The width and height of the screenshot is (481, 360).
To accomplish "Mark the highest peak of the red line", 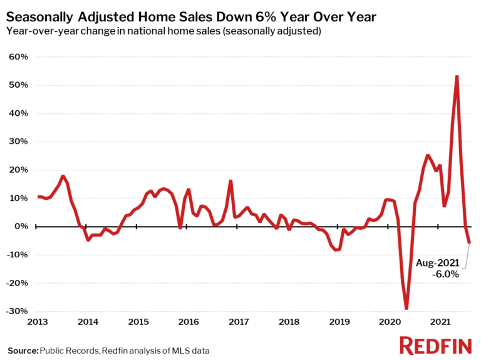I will tap(457, 76).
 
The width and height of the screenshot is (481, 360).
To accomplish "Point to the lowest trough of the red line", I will tap(406, 309).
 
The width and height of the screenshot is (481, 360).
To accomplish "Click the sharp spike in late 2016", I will tap(230, 180).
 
